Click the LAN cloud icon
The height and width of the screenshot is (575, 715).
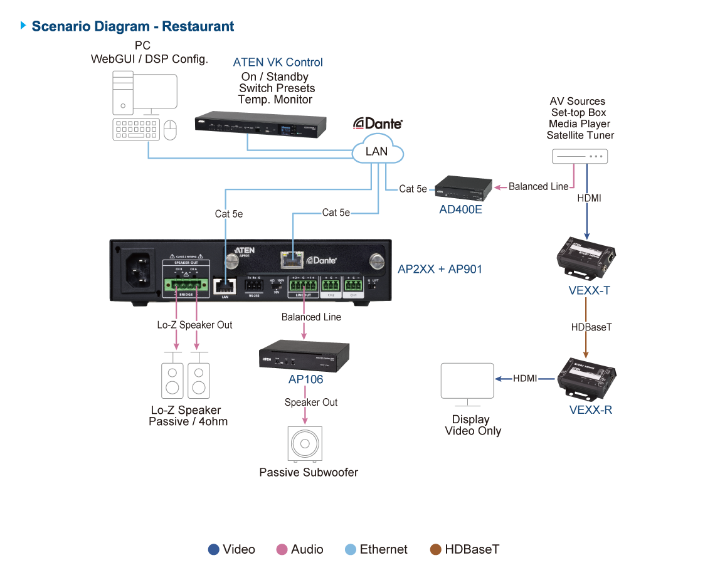click(x=378, y=150)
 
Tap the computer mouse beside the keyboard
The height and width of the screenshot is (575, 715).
click(x=170, y=130)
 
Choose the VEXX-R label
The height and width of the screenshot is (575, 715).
click(x=590, y=410)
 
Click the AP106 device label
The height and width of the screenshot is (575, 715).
click(x=305, y=379)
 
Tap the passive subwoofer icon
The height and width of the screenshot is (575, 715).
click(x=305, y=444)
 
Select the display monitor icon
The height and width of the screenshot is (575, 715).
click(x=467, y=381)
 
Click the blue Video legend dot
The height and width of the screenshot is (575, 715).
click(x=214, y=550)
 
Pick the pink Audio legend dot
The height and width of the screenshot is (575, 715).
click(x=282, y=550)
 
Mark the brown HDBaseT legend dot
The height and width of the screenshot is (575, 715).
click(x=436, y=550)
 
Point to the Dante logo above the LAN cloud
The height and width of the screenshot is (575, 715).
click(x=378, y=123)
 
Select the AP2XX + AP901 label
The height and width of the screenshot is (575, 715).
click(x=440, y=269)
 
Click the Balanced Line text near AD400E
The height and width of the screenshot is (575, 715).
click(x=538, y=186)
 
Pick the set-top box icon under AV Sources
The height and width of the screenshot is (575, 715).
click(x=580, y=157)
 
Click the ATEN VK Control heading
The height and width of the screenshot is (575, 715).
click(x=278, y=63)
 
